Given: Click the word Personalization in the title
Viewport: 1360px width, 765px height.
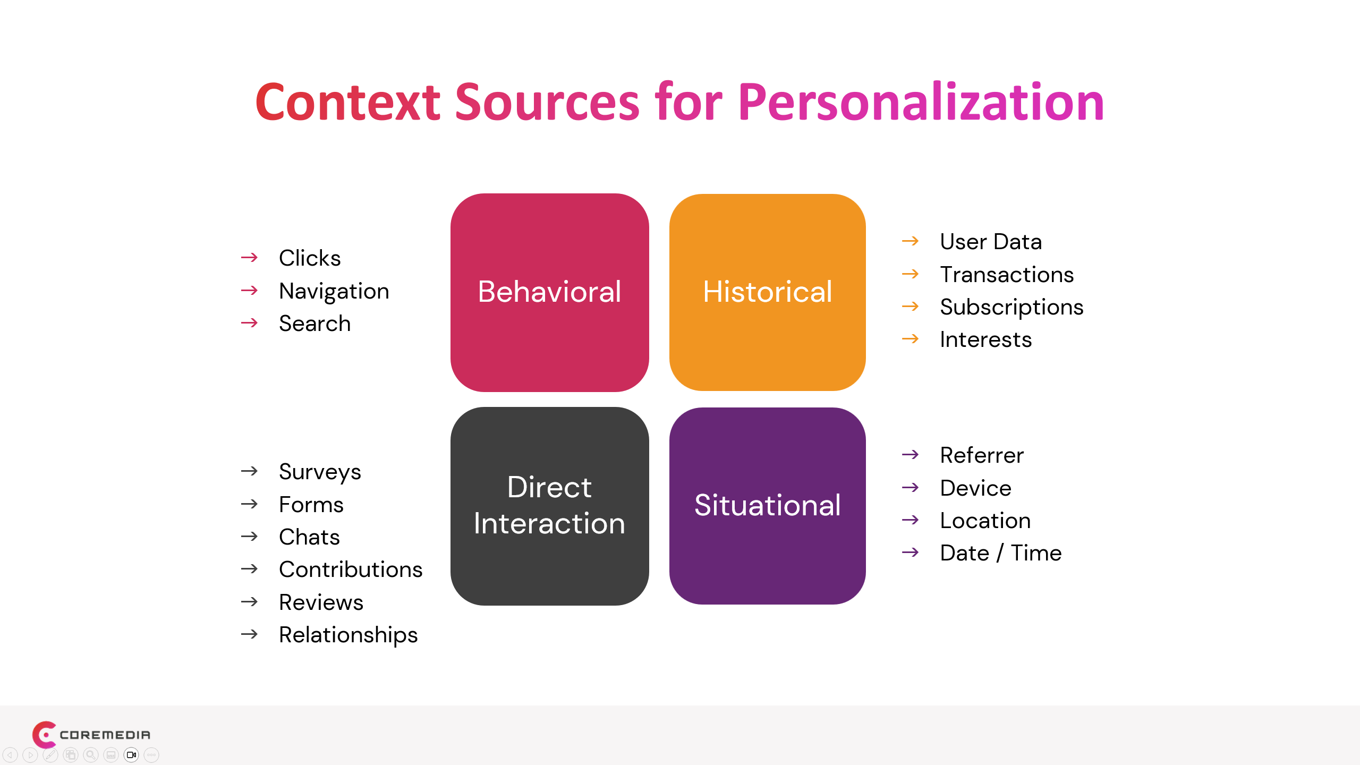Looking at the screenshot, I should (x=921, y=102).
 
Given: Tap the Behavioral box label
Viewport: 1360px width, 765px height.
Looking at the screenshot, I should (x=549, y=292).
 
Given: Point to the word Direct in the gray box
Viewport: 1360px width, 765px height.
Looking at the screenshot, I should (x=549, y=487).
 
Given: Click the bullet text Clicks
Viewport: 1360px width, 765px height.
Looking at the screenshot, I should (x=310, y=258).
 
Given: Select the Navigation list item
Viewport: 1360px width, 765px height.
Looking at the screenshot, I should (x=334, y=291).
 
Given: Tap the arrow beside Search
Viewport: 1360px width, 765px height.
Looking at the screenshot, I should (x=249, y=323).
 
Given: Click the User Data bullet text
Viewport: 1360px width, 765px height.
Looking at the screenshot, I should (x=990, y=242).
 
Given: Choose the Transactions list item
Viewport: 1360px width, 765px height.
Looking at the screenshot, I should (x=1006, y=275).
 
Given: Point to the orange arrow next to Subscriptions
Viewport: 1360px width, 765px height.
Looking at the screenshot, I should (x=910, y=307).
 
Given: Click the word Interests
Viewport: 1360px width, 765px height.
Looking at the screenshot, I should (x=985, y=339).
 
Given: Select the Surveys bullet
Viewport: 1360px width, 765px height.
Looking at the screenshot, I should (x=320, y=472).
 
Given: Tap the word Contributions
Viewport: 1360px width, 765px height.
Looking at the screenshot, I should (x=351, y=569).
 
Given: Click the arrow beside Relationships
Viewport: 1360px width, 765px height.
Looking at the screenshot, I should (x=249, y=634).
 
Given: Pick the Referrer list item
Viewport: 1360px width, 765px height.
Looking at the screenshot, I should (x=981, y=455).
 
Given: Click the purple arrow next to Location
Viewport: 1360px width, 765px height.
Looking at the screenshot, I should (x=910, y=520).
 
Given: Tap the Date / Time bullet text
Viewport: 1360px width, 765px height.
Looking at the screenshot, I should (x=1000, y=553).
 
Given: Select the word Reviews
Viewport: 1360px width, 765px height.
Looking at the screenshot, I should (x=321, y=602).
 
